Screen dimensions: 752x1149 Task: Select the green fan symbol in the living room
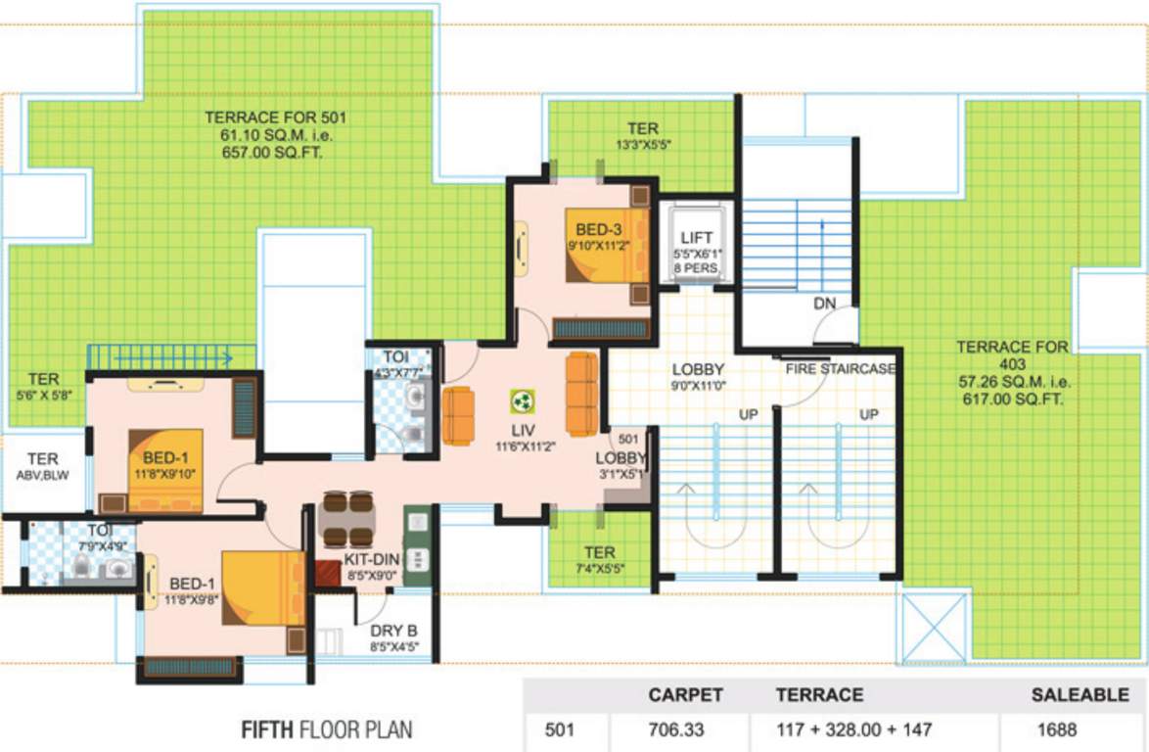pos(522,400)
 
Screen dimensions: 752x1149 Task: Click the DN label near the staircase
pos(824,305)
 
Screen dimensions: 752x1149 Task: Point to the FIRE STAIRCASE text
pos(841,369)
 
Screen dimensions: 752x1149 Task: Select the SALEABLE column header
pos(1080,695)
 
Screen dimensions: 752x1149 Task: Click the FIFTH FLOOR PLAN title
pos(327,729)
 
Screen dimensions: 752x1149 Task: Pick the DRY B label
pos(394,633)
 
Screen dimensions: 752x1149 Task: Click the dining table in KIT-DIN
pos(347,519)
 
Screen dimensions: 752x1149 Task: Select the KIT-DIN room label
pos(371,559)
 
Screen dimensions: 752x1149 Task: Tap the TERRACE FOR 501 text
pos(276,117)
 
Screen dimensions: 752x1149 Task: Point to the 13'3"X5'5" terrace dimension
pos(643,144)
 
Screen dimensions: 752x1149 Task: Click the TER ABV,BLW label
pos(42,466)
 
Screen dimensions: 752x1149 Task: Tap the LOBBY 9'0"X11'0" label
pos(698,377)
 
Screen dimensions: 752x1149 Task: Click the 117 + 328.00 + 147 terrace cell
pos(853,729)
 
